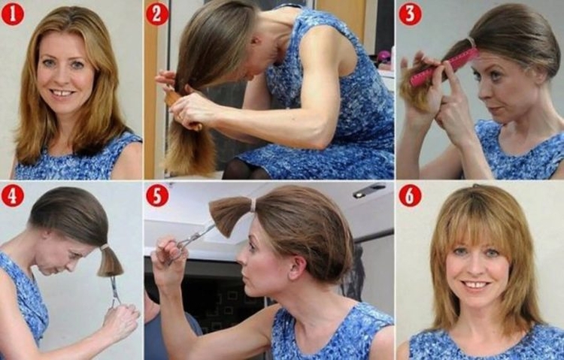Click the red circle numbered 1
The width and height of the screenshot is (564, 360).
pyautogui.click(x=13, y=14)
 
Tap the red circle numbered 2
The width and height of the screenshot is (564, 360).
pyautogui.click(x=156, y=14)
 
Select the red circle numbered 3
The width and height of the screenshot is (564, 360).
pyautogui.click(x=410, y=14)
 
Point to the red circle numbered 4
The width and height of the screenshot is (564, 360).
pyautogui.click(x=13, y=195)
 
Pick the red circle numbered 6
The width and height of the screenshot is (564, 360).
pyautogui.click(x=410, y=195)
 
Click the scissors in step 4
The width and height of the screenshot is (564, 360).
pyautogui.click(x=115, y=289)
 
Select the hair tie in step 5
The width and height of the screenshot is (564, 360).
pyautogui.click(x=253, y=204)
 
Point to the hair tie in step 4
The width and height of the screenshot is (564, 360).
pyautogui.click(x=105, y=247)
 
